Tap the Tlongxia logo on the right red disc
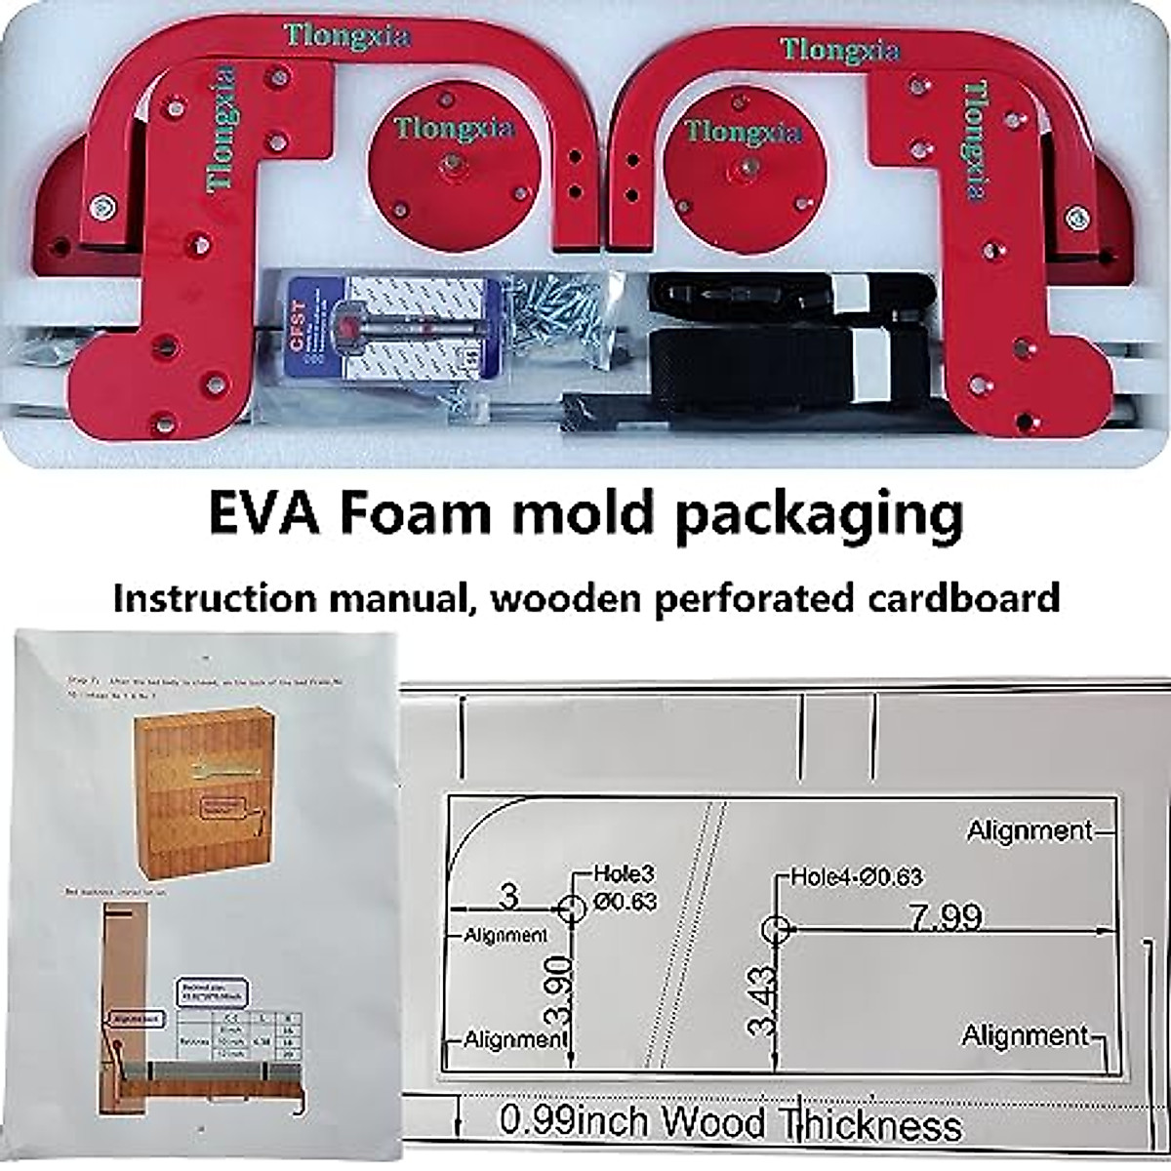point(743,132)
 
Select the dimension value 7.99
point(946,918)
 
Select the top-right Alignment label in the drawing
point(1030,831)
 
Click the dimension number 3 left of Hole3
point(507,895)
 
